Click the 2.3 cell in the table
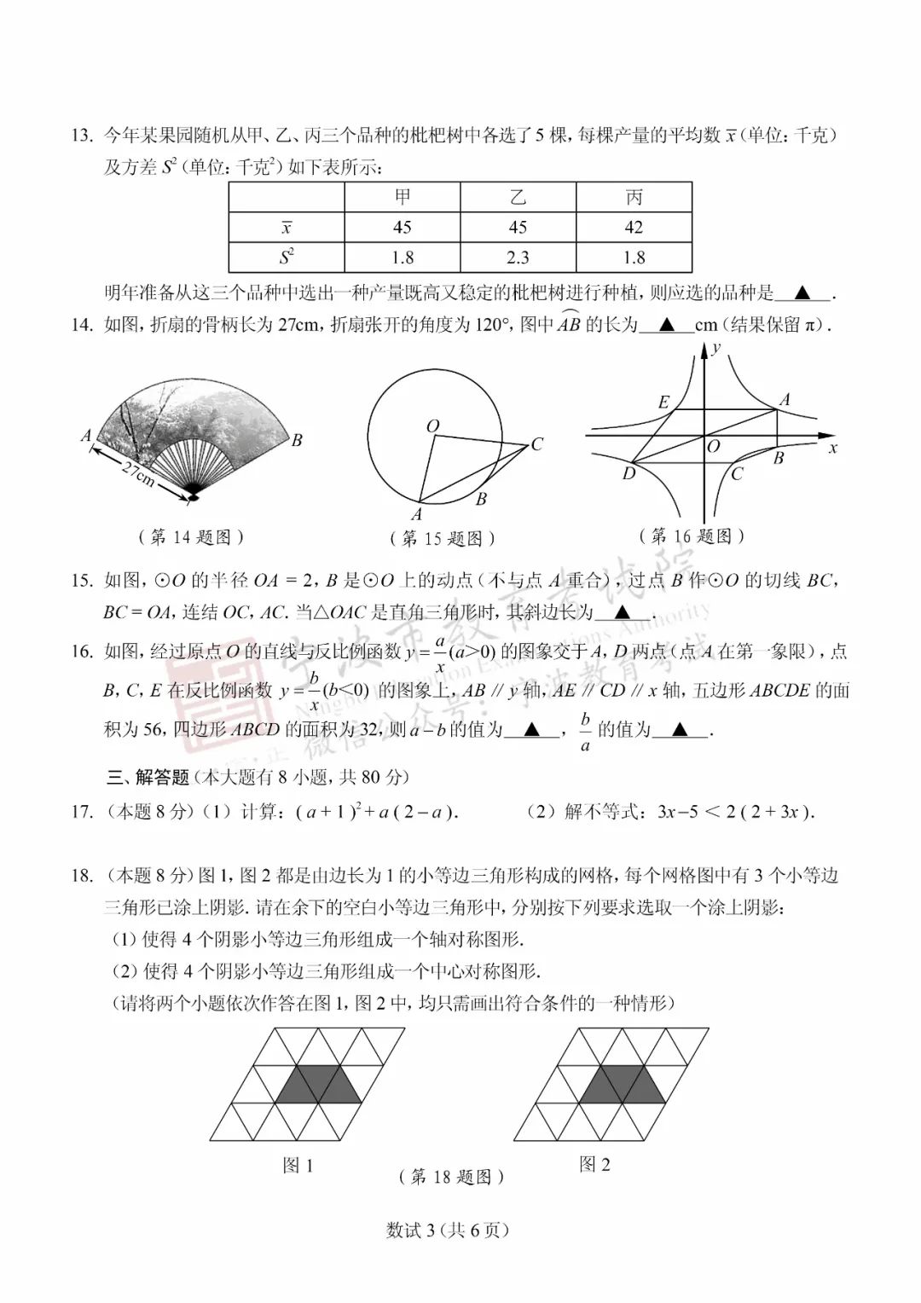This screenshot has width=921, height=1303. pyautogui.click(x=518, y=258)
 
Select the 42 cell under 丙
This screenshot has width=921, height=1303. pyautogui.click(x=634, y=228)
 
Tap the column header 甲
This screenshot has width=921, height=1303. pyautogui.click(x=403, y=198)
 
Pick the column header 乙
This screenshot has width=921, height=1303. pyautogui.click(x=518, y=198)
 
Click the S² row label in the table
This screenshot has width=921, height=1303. pyautogui.click(x=287, y=258)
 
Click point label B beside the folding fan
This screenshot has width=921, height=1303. pyautogui.click(x=297, y=441)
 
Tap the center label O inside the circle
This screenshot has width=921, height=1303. pyautogui.click(x=432, y=426)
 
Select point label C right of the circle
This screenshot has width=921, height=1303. pyautogui.click(x=536, y=444)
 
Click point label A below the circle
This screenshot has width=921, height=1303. pyautogui.click(x=417, y=514)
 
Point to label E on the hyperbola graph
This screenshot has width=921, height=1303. pyautogui.click(x=663, y=402)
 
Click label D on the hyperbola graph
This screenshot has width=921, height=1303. pyautogui.click(x=628, y=474)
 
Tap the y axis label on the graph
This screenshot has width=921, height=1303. pyautogui.click(x=717, y=348)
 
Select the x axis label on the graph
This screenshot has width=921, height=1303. pyautogui.click(x=833, y=448)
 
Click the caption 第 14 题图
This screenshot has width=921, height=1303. pyautogui.click(x=191, y=536)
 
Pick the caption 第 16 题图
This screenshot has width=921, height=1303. pyautogui.click(x=692, y=536)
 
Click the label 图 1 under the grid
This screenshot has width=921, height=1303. pyautogui.click(x=298, y=1165)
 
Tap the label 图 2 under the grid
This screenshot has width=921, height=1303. pyautogui.click(x=594, y=1164)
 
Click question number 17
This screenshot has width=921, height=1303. pyautogui.click(x=83, y=812)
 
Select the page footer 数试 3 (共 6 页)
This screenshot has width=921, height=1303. pyautogui.click(x=448, y=1231)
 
